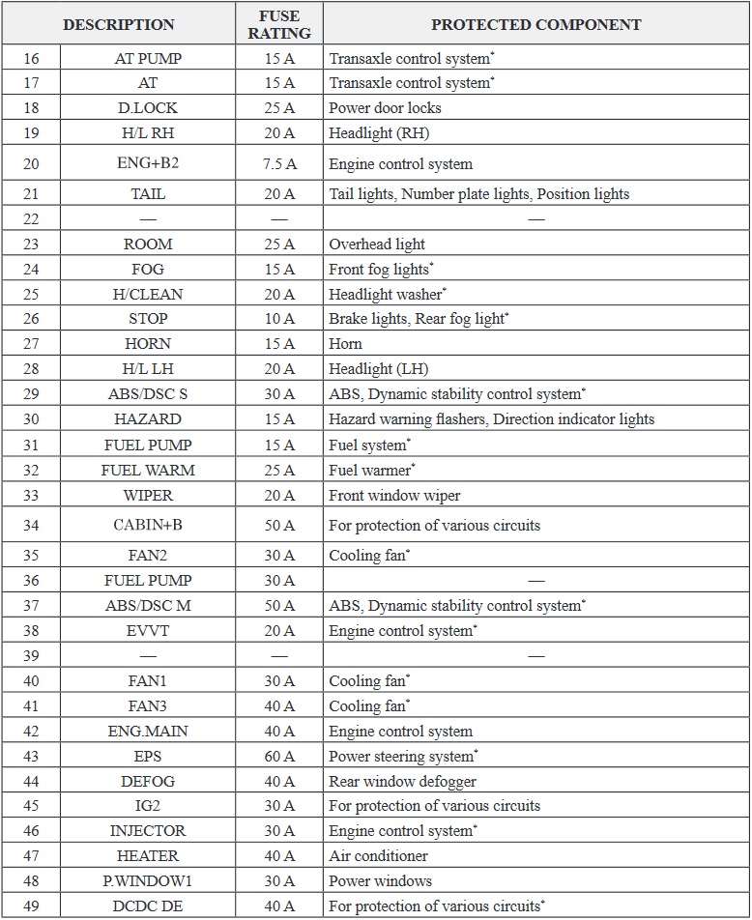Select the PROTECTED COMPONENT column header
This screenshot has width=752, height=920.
pos(535,24)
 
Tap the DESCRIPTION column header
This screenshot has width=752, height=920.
pos(119,24)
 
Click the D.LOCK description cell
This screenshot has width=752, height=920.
pos(148,108)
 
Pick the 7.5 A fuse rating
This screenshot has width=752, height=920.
pos(279,164)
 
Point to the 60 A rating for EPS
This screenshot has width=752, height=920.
pos(279,757)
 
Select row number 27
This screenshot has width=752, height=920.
pos(31,344)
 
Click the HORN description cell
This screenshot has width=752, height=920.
pos(148,344)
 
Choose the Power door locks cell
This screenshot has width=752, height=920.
pos(385,108)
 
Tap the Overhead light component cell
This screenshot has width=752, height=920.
pos(377,244)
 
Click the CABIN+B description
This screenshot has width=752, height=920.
pos(148,526)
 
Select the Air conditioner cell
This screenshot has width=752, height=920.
pos(378,856)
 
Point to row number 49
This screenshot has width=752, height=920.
pos(31,906)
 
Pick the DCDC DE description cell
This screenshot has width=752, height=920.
pos(148,906)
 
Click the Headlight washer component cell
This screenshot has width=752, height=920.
pos(388,295)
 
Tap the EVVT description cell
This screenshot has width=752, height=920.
pos(148,631)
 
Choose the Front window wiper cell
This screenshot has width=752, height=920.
pos(394,496)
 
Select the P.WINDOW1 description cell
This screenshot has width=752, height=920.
pos(148,881)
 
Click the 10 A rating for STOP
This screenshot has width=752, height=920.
pos(279,319)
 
